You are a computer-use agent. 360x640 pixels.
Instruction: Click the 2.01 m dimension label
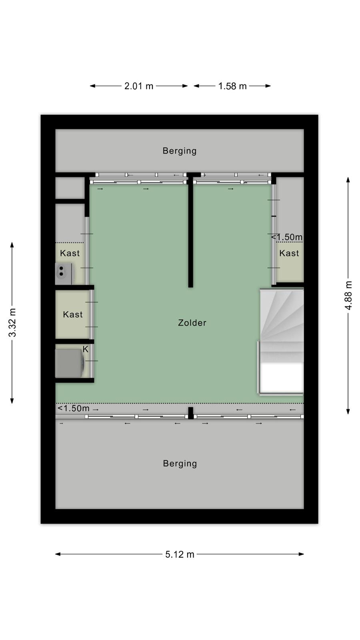pos(139,86)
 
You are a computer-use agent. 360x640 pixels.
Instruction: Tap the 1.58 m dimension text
pos(232,86)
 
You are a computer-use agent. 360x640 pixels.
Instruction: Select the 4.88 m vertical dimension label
pos(348,295)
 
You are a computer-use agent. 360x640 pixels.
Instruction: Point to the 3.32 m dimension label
pos(12,322)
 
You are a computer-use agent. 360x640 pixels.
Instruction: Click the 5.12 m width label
pos(180,554)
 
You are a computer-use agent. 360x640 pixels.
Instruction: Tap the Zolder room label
pos(192,322)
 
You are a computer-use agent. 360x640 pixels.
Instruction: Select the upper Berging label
pos(180,151)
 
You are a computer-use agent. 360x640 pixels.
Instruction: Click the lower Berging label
pos(180,464)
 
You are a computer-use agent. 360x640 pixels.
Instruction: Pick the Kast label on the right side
pos(289,253)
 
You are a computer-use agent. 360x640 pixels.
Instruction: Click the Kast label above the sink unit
pos(70,253)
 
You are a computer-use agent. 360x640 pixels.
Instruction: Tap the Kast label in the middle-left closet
pos(72,314)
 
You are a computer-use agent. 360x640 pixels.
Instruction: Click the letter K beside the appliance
pos(86,349)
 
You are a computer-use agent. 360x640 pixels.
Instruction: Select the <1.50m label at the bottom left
pos(74,408)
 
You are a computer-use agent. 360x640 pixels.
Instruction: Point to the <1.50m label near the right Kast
pos(286,237)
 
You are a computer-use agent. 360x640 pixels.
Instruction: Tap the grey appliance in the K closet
pos(70,363)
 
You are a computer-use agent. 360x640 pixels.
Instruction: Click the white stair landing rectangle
pos(282,378)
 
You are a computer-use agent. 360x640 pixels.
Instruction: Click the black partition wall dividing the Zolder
pos(190,232)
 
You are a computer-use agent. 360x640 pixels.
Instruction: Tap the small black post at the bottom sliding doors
pos(190,413)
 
